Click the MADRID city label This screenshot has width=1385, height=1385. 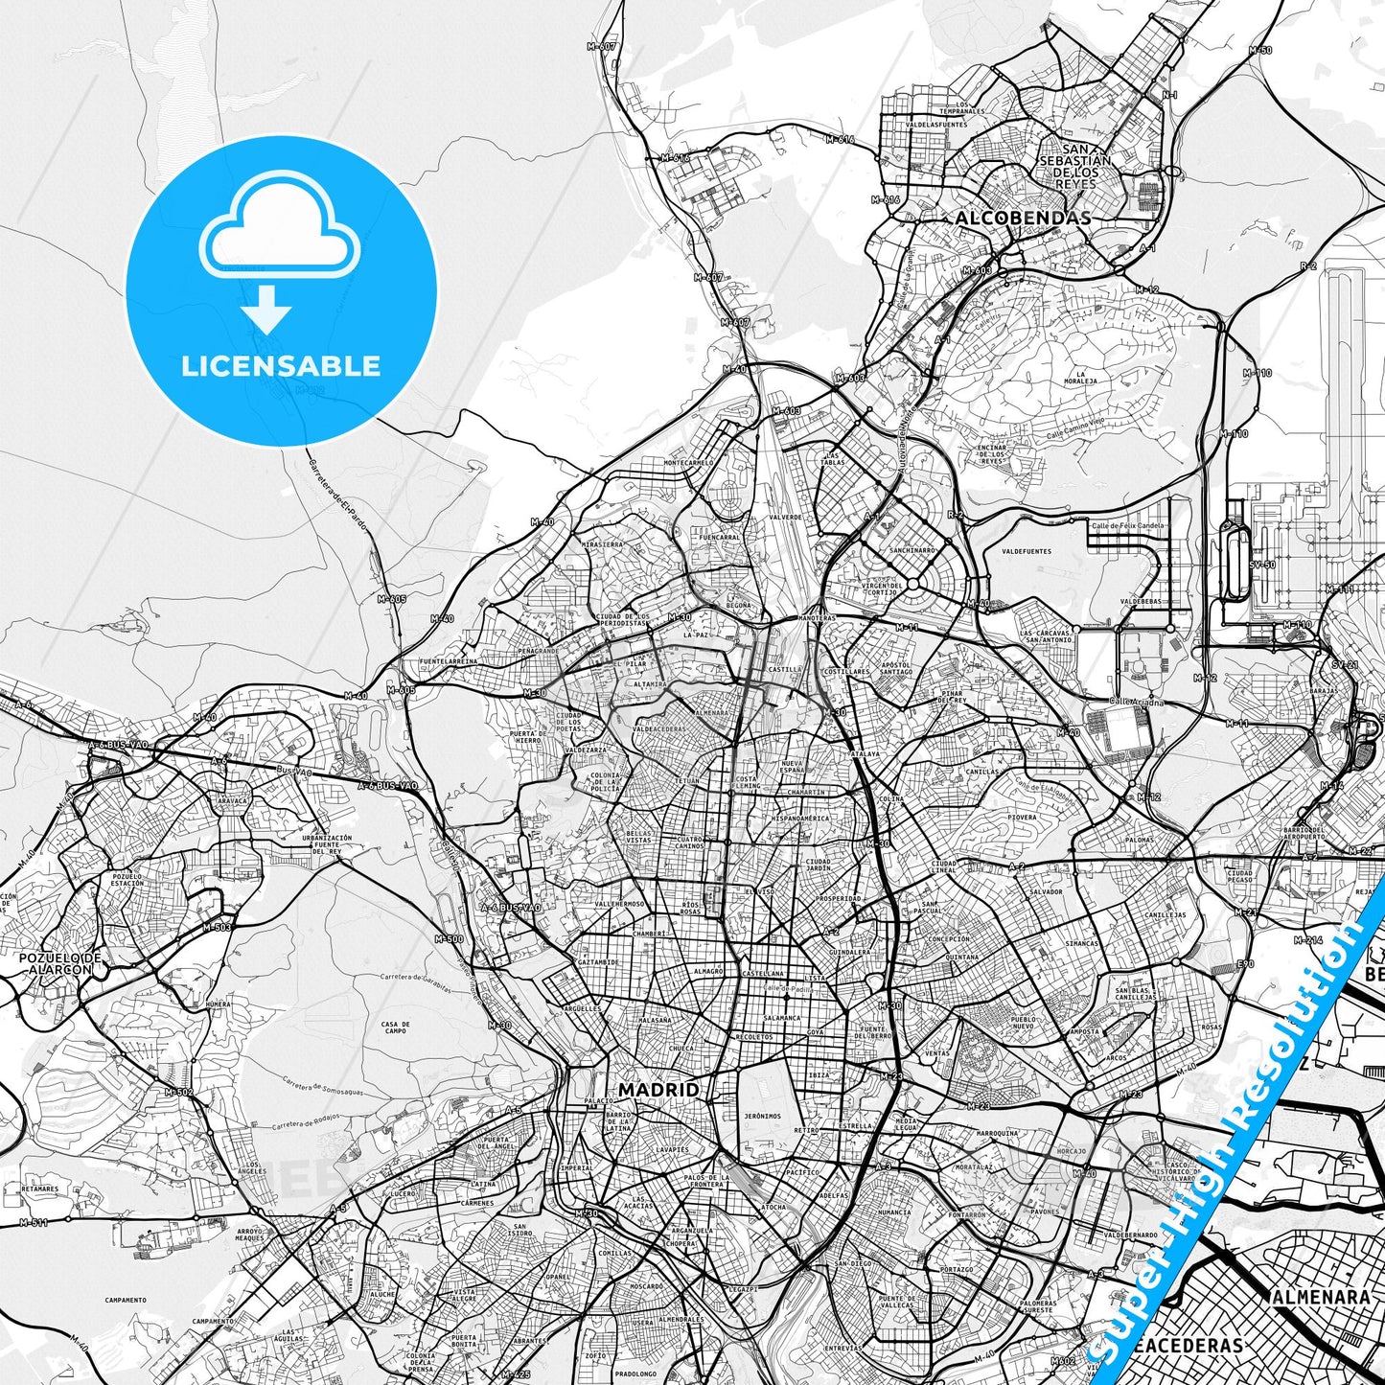coord(658,1090)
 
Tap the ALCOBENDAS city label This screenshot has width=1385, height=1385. coord(1023,219)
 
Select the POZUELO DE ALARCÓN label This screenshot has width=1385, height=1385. coord(59,963)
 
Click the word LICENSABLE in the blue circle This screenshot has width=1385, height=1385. coord(281,366)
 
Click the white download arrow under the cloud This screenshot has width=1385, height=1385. coord(266,309)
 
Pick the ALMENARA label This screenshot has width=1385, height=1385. coord(1321,1297)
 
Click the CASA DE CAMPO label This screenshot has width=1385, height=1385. coord(395,1027)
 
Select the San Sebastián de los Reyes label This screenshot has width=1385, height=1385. coord(1075,166)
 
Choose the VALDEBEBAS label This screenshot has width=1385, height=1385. coord(1140,602)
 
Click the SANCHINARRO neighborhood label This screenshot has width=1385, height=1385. coord(912,551)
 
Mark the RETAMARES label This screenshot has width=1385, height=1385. coord(39,1189)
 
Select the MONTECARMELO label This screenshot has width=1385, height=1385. coord(689,463)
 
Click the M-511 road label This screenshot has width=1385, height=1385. coord(34,1222)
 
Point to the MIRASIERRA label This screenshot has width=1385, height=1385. coord(602,543)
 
